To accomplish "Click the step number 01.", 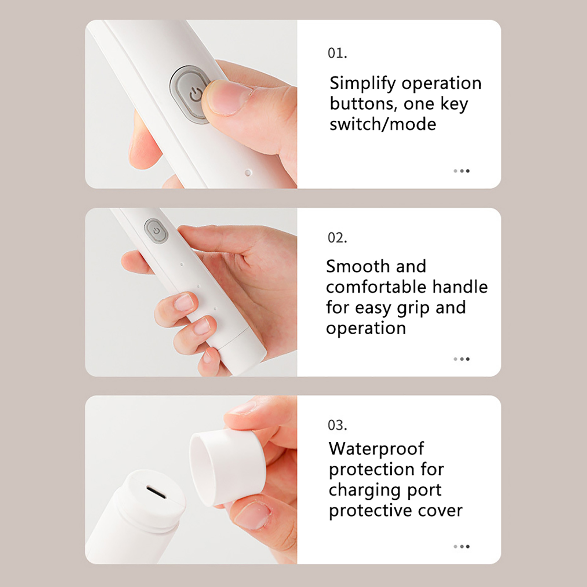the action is pos(337,53).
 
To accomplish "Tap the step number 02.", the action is pos(337,238).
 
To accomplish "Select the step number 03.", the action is pos(337,425).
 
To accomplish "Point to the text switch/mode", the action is pos(383,124).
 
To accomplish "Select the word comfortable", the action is pos(376,287).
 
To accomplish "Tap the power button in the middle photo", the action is pos(156,231).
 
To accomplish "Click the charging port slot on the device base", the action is pos(156,493).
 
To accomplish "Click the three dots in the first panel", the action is pos(462,171).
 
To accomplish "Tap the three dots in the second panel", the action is pos(462,359).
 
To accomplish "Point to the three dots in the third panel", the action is pos(462,547).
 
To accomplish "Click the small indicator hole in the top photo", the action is pos(248,172).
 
